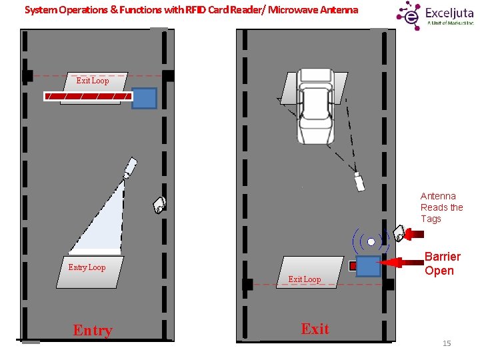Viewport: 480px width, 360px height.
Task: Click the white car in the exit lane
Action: pos(316,107)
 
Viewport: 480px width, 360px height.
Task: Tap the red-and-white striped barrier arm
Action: pos(87,97)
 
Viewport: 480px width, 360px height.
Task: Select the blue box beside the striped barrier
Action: pos(145,98)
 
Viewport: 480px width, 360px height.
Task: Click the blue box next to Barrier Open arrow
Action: pos(368,266)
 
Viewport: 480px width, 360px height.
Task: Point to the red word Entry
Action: pos(93,331)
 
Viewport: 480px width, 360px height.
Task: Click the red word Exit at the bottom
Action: pos(315,329)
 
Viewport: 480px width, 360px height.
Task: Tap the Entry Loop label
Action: pos(87,267)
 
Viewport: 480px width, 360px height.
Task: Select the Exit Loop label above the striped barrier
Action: pos(92,81)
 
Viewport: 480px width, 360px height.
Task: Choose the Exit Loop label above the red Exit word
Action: pos(304,279)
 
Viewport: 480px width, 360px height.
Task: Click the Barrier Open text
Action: pos(442,263)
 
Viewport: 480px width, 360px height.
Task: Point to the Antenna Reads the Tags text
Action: pos(441,207)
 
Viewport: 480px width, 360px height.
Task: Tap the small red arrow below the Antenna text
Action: pos(415,233)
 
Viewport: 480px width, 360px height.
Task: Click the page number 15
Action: pos(447,343)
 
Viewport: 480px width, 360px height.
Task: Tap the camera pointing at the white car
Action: pos(359,181)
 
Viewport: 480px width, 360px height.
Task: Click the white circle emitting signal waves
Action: pos(371,242)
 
